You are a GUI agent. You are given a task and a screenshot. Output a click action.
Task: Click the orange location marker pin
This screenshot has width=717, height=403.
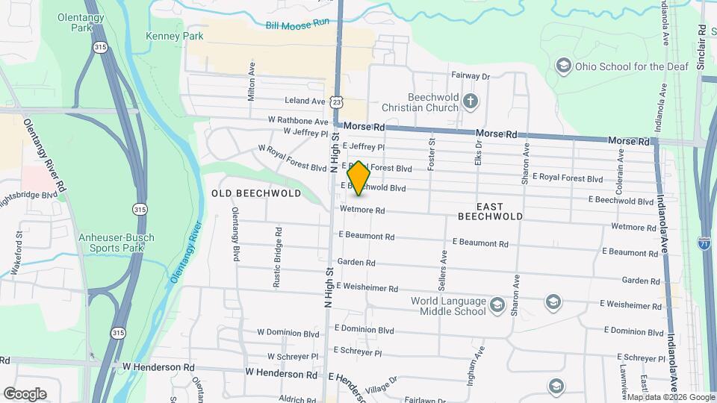point(359,178)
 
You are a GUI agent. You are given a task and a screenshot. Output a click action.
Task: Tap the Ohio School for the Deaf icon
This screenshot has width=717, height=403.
point(562,66)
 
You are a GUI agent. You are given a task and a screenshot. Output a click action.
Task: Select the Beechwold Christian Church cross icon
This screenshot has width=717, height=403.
point(470,101)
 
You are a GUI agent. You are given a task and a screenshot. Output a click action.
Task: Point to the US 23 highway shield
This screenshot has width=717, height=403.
point(338,101)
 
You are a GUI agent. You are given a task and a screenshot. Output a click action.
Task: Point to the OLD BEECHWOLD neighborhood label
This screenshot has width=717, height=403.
point(256,193)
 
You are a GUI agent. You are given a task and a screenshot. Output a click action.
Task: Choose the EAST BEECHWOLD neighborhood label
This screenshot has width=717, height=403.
point(490,211)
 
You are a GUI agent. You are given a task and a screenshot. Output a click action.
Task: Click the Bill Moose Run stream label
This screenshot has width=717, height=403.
point(297,25)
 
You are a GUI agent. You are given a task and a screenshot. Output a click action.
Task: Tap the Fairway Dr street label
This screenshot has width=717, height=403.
point(470,76)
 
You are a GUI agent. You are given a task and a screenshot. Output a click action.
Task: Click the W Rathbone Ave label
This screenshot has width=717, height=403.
point(299,121)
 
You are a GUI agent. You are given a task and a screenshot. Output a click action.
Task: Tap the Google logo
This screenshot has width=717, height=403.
point(25,393)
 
